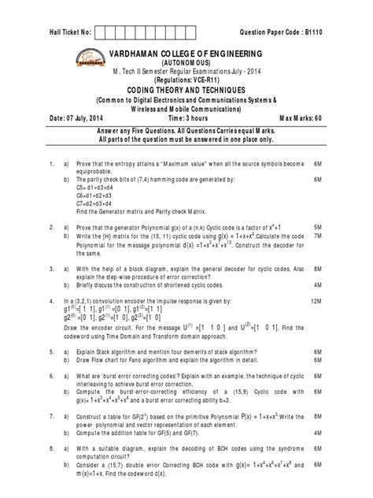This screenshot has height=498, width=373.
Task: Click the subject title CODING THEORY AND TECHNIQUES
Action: click(186, 91)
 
